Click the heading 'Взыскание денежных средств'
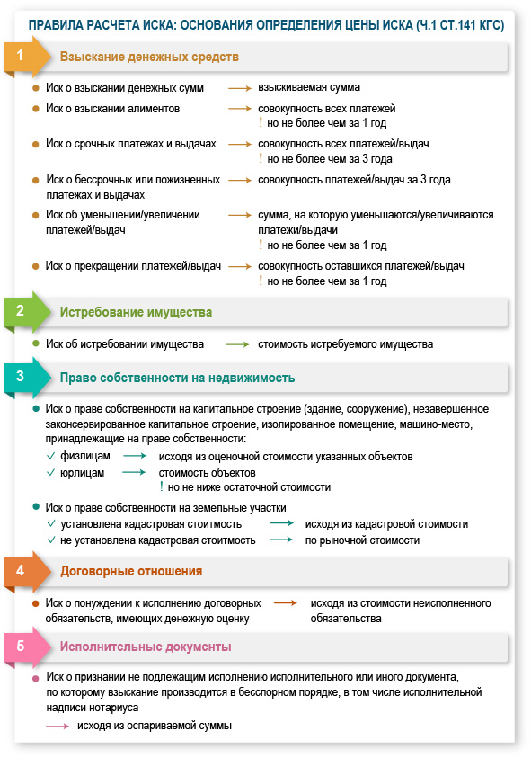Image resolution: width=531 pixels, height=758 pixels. pyautogui.click(x=149, y=58)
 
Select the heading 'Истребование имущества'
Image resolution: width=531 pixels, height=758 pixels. pyautogui.click(x=136, y=313)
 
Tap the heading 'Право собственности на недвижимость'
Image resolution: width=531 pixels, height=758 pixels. pyautogui.click(x=177, y=378)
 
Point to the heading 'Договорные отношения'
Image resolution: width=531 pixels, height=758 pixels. pyautogui.click(x=131, y=571)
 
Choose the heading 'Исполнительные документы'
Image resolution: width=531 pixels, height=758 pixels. pyautogui.click(x=146, y=647)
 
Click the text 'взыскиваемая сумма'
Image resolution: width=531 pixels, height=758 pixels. pyautogui.click(x=308, y=88)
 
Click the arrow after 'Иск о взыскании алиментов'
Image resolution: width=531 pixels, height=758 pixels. pyautogui.click(x=239, y=108)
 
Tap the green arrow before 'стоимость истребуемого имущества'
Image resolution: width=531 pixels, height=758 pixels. pyautogui.click(x=237, y=343)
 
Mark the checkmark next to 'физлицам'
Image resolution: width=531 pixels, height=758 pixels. pyautogui.click(x=51, y=457)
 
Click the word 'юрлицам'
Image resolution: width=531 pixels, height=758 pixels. pyautogui.click(x=83, y=472)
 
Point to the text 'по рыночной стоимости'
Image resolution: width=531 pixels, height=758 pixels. pyautogui.click(x=362, y=540)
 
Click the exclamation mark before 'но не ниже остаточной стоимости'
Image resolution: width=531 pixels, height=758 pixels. pyautogui.click(x=161, y=486)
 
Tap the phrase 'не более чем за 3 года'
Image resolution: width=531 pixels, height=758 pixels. pyautogui.click(x=331, y=159)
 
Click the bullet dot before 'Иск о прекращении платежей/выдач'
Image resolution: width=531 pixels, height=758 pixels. pyautogui.click(x=36, y=266)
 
